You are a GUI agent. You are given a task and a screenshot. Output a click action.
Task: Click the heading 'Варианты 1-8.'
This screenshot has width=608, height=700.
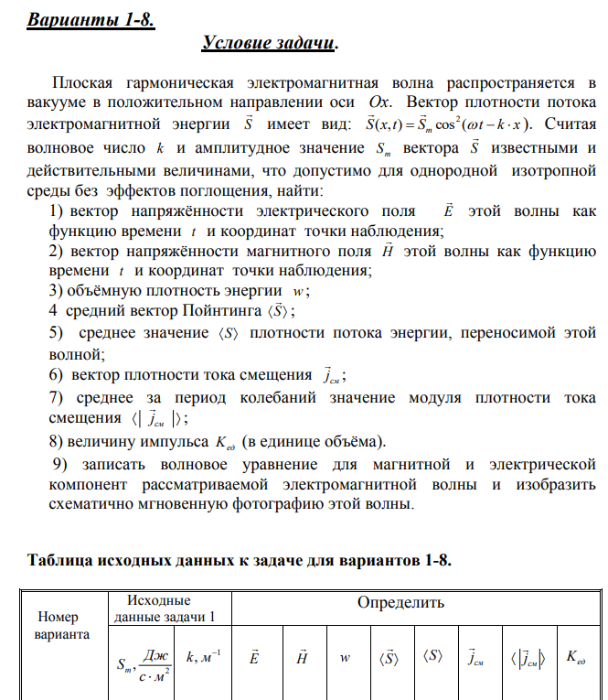click(91, 20)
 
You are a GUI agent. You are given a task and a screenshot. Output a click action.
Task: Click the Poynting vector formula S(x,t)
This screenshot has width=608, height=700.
click(449, 124)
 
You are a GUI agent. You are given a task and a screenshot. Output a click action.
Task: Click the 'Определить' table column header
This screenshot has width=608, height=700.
click(400, 603)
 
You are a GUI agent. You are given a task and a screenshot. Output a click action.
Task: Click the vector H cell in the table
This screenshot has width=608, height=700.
click(301, 657)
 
